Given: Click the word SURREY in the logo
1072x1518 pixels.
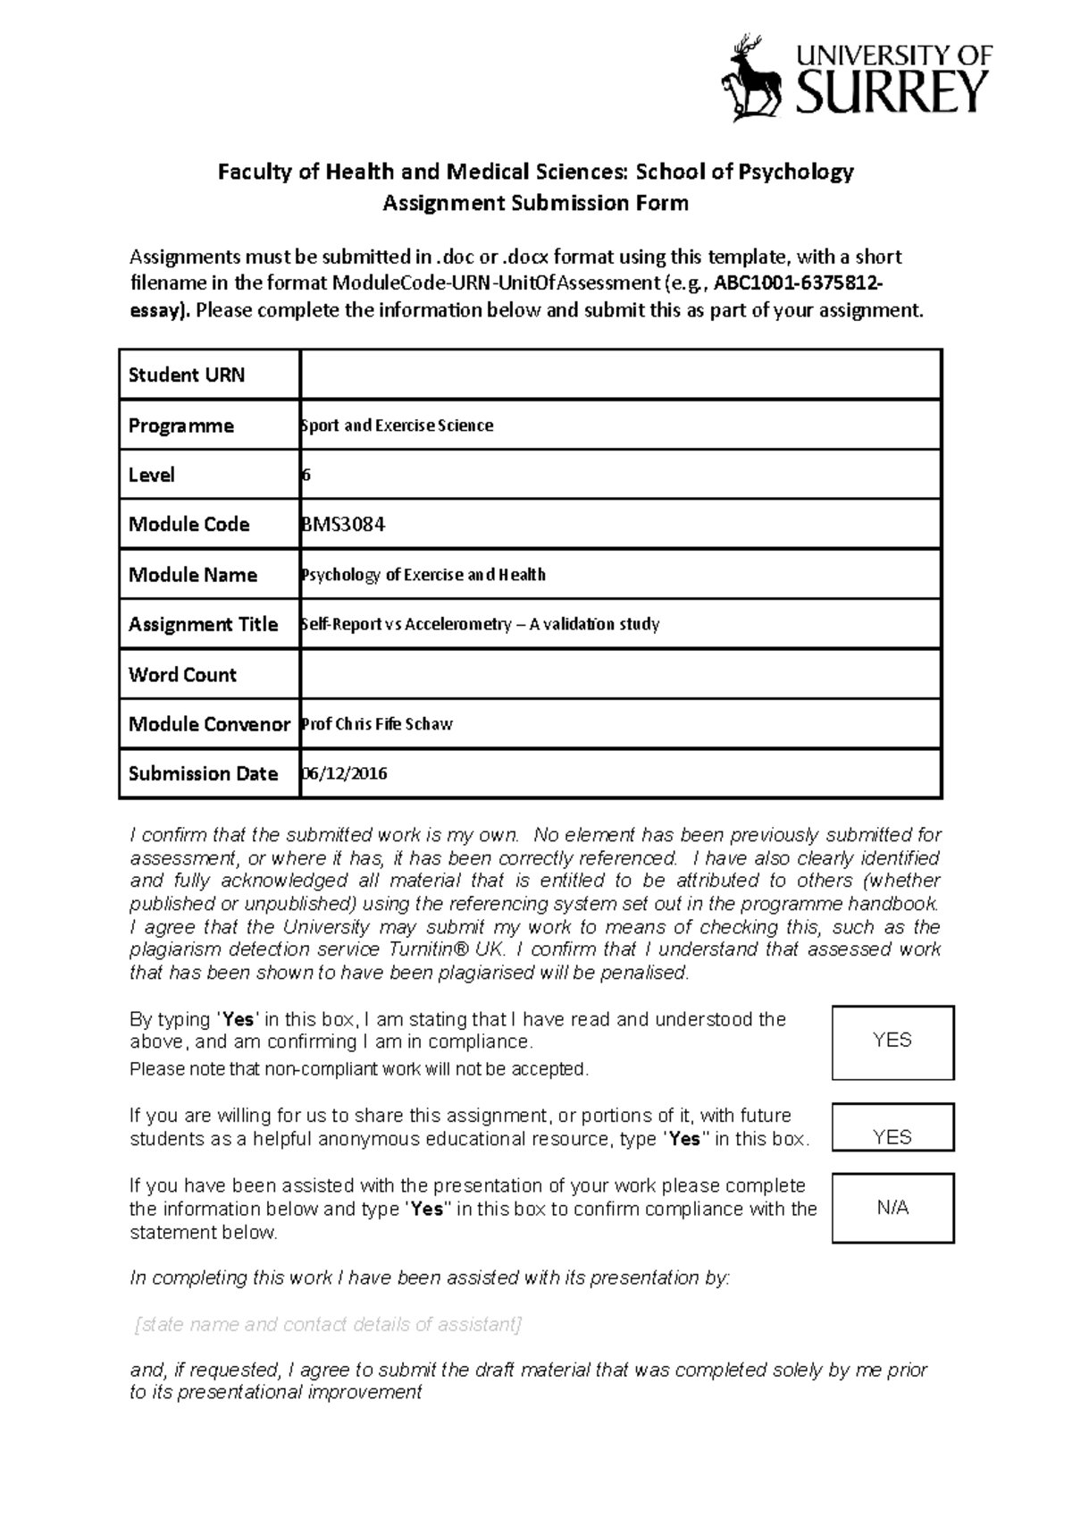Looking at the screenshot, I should point(892,92).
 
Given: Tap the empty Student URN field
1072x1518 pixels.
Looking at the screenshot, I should point(620,375).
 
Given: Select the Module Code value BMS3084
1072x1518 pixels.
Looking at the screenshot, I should point(344,525).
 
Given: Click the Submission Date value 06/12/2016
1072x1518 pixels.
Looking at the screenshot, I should point(345,774).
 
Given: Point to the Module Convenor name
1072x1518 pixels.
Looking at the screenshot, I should point(377,724).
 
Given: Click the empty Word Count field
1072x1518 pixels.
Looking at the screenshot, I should point(620,675).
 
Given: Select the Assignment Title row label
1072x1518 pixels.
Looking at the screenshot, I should point(204,625).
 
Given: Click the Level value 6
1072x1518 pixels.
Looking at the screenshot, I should point(306,475).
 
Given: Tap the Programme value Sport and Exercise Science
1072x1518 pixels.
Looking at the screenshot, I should point(397,426).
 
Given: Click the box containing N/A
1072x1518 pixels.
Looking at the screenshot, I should point(892,1209).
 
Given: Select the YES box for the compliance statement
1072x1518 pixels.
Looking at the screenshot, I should point(892,1042).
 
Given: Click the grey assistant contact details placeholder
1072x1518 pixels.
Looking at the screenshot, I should point(327,1324).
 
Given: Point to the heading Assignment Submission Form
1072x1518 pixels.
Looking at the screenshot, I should point(535,203).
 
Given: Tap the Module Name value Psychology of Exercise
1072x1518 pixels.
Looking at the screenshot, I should point(423,575).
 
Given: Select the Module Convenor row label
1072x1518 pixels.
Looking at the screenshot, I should point(209,724).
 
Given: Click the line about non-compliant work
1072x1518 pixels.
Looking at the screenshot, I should point(359,1069).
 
